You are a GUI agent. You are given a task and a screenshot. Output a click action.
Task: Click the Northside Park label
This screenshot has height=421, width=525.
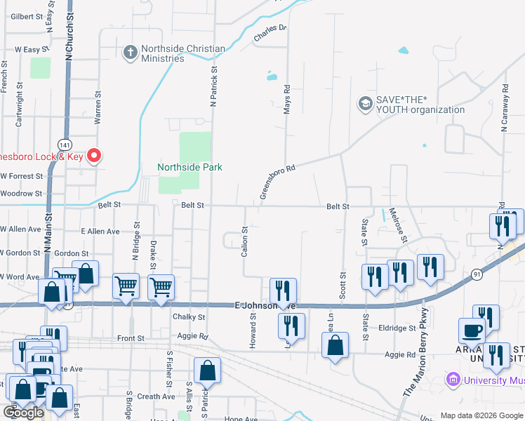click(x=190, y=167)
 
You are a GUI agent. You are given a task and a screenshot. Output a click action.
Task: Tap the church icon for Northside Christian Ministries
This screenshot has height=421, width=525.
click(x=130, y=52)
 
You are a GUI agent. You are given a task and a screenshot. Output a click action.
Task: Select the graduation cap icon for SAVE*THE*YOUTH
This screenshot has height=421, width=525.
click(x=365, y=104)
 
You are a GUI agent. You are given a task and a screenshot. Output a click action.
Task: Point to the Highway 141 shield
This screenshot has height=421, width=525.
click(x=64, y=143)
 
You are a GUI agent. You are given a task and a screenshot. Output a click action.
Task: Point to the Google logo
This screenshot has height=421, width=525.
click(x=23, y=413)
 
